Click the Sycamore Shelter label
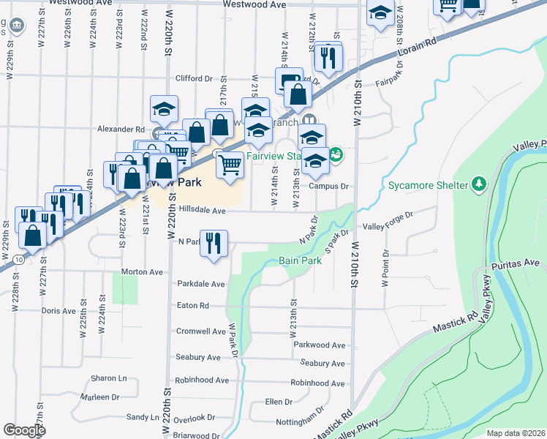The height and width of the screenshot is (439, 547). click(x=427, y=185)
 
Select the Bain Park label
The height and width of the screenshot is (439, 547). click(x=300, y=260)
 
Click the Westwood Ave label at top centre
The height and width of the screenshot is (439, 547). click(x=254, y=4)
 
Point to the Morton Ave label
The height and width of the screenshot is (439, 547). click(x=142, y=271)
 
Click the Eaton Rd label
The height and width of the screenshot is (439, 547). click(x=193, y=305)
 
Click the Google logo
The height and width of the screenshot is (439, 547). click(x=24, y=430)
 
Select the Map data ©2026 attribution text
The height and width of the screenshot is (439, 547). click(x=516, y=433)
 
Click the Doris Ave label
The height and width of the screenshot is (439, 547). click(x=59, y=310)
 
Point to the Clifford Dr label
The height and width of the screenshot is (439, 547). click(x=193, y=78)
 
